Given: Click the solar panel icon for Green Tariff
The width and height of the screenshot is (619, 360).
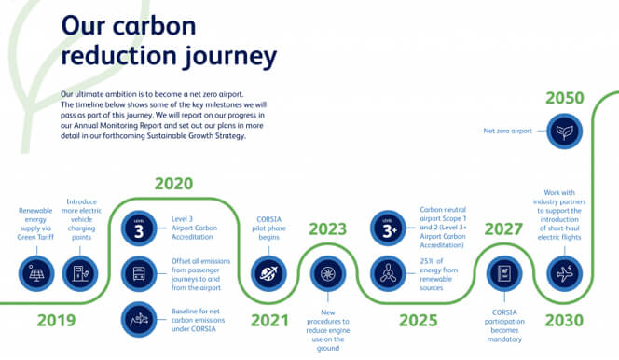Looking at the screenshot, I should [x=36, y=274].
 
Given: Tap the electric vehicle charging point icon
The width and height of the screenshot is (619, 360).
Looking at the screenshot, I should [x=81, y=274].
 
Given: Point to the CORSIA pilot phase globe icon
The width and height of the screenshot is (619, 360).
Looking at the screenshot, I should [x=268, y=274].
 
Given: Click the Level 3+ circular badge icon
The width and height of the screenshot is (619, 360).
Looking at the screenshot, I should [x=387, y=229].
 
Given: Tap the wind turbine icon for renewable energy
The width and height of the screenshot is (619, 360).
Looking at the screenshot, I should [x=387, y=274].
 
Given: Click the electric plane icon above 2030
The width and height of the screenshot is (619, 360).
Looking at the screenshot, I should [x=566, y=274].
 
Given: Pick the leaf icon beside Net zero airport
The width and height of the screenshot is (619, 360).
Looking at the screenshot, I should [x=566, y=132].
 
